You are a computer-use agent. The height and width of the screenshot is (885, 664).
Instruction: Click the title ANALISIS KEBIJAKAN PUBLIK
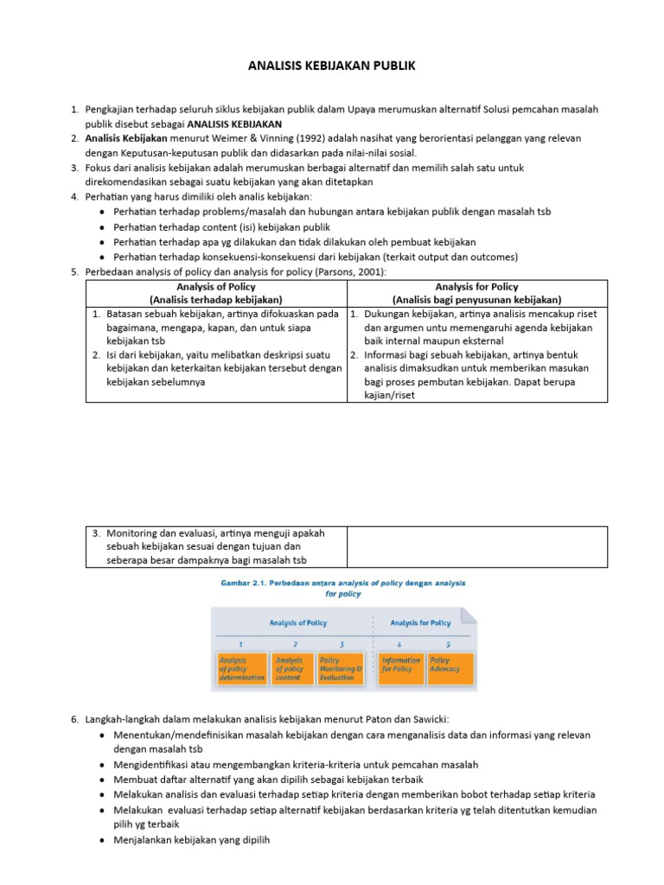pyautogui.click(x=332, y=66)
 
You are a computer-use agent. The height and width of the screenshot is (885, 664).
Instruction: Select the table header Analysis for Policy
pyautogui.click(x=476, y=287)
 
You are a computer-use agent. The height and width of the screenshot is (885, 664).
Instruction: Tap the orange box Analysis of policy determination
pyautogui.click(x=242, y=668)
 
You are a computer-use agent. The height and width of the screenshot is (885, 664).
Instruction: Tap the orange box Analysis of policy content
pyautogui.click(x=293, y=668)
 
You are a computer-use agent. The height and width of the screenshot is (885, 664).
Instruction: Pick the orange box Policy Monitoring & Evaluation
pyautogui.click(x=341, y=668)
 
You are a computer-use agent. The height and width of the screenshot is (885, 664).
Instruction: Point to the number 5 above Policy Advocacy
pyautogui.click(x=448, y=645)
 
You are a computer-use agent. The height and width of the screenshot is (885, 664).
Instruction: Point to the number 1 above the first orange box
pyautogui.click(x=240, y=645)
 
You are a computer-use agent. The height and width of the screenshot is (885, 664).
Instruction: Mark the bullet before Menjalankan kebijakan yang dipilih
pyautogui.click(x=103, y=838)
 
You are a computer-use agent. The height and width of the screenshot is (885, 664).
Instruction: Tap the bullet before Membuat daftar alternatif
pyautogui.click(x=103, y=780)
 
